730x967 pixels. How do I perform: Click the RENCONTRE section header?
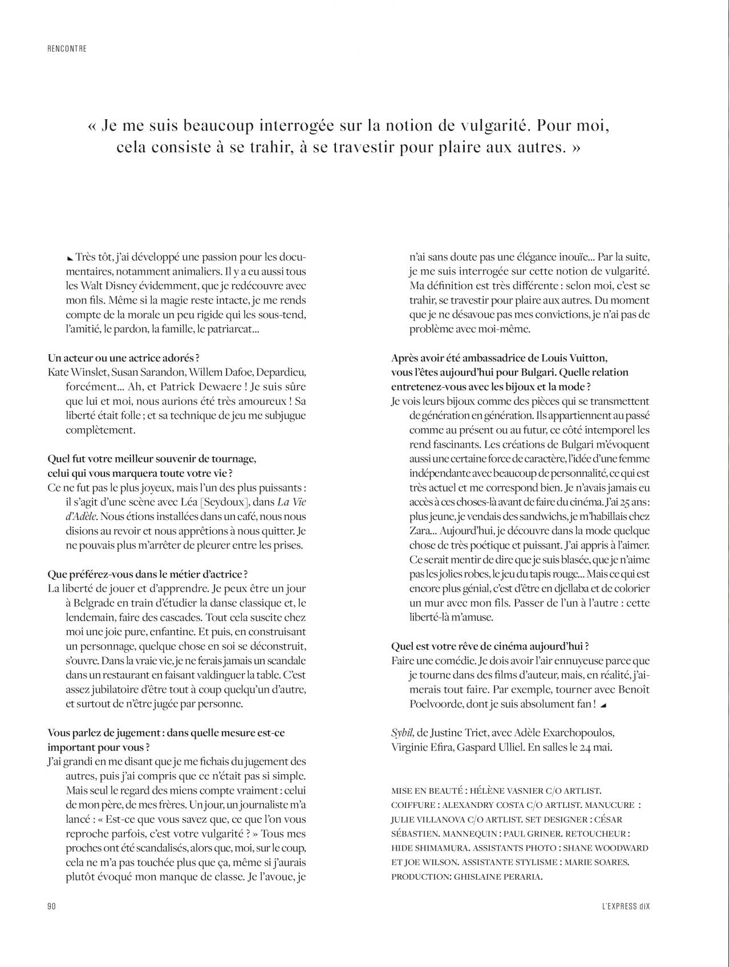67,49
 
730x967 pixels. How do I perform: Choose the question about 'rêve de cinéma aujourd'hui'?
490,646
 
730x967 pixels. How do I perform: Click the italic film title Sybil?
401,732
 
